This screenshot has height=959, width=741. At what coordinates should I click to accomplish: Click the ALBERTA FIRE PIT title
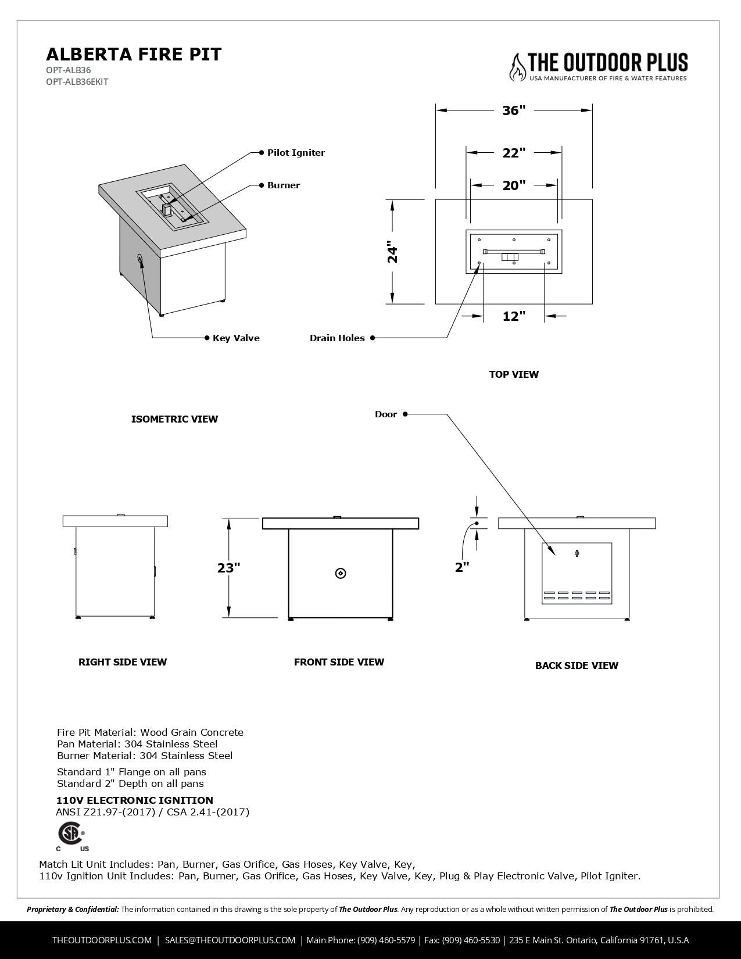coord(134,54)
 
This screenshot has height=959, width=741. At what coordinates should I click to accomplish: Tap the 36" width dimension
coord(514,110)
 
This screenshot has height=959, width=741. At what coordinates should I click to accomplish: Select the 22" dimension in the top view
coord(514,153)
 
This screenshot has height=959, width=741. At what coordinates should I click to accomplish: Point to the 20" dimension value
coord(514,185)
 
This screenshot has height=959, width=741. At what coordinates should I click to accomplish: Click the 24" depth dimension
coord(393,252)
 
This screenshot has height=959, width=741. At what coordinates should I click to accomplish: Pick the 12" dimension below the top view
coord(514,316)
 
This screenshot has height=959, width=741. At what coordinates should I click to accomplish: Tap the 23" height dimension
coord(229,568)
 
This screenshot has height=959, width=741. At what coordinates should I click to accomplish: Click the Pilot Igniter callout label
coord(296,153)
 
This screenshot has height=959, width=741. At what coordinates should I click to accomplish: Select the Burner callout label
coord(284,185)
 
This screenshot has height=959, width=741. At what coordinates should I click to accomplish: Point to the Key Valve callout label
coord(236,338)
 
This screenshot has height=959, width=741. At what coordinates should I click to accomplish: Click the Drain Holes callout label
coord(337,338)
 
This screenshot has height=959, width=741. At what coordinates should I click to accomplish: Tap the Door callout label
coord(386,414)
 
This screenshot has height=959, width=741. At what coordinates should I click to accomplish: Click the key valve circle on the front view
coord(341,574)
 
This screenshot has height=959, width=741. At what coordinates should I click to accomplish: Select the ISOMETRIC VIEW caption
coord(174,419)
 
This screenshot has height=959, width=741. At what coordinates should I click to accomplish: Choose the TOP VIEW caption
coord(514,374)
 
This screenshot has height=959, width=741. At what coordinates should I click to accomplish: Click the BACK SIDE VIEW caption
coord(577,665)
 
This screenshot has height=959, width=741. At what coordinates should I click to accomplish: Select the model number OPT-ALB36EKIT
coord(77,82)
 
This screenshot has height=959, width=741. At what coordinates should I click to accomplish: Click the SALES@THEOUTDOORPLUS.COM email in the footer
coord(230,940)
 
